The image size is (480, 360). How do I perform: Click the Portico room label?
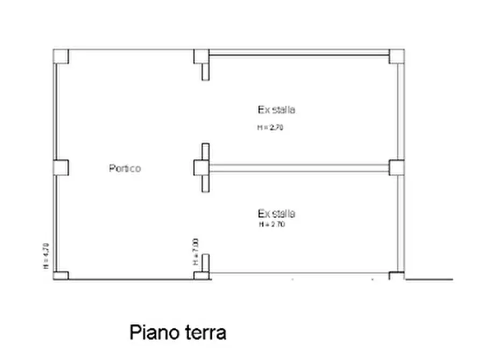[x=125, y=168]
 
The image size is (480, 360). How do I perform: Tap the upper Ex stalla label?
[x=276, y=110]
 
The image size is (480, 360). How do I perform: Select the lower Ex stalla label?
[x=276, y=213]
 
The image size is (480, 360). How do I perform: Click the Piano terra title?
[x=177, y=332]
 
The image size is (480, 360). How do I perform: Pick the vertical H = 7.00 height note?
[x=195, y=251]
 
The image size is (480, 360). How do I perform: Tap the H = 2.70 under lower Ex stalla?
[x=271, y=225]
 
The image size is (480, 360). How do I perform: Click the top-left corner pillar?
[x=61, y=56]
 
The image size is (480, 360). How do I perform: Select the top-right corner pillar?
[x=397, y=56]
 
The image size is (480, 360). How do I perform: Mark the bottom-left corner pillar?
[x=61, y=276]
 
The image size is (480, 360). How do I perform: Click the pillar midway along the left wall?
[x=61, y=168]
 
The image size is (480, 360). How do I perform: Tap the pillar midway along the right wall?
[x=397, y=168]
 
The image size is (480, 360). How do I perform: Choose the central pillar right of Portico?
[x=201, y=168]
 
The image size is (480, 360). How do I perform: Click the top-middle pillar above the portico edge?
[x=201, y=56]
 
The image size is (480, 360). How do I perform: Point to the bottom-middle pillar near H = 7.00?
[x=201, y=276]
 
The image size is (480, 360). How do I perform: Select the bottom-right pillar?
[x=397, y=276]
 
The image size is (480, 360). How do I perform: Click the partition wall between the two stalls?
[x=299, y=168]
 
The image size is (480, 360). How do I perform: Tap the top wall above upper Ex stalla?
[x=299, y=53]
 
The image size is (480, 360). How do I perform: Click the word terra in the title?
[x=203, y=332]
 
